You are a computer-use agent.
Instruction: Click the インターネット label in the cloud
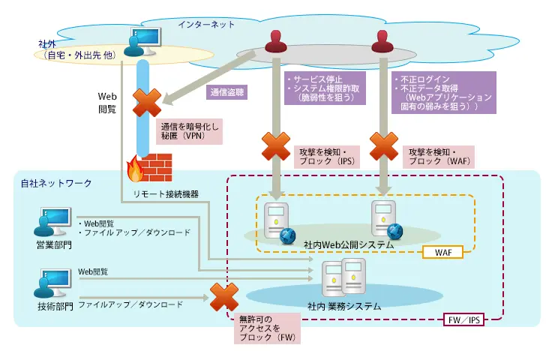click(206, 24)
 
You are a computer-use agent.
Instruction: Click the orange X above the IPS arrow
click(275, 146)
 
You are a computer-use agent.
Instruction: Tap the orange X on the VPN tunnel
click(146, 103)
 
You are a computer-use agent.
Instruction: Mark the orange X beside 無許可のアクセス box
click(223, 298)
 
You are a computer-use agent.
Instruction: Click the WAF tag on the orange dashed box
click(442, 253)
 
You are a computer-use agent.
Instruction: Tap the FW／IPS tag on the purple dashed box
click(464, 319)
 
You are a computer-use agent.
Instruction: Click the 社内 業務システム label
click(344, 306)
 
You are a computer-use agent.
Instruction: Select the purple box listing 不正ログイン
click(444, 92)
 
